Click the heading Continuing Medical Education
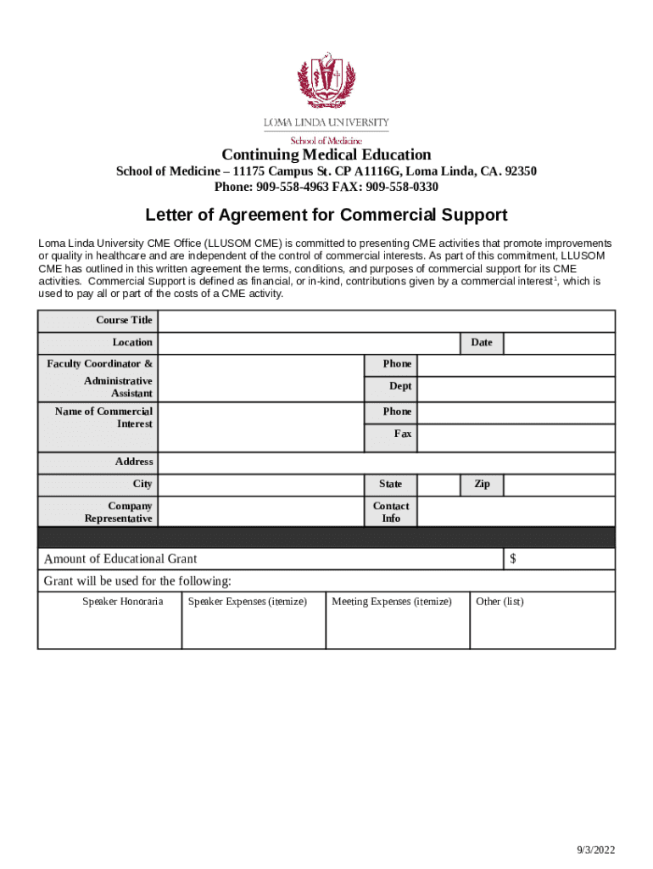326,154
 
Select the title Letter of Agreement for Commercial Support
326,214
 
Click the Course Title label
124,320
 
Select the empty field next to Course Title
387,321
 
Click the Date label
481,342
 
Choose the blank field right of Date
559,343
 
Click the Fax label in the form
402,434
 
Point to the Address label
134,462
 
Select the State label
390,484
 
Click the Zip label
482,484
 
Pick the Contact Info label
390,512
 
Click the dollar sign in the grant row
513,558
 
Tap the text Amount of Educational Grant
120,558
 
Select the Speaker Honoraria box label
122,602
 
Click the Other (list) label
500,602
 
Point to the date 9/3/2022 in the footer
596,850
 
